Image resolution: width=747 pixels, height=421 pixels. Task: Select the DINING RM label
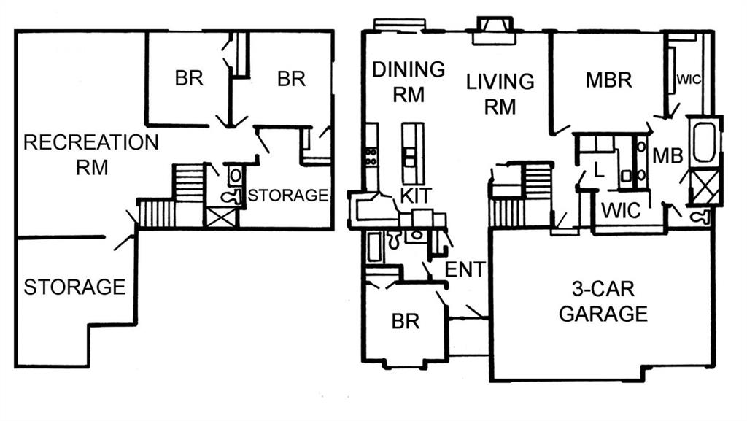point(409,81)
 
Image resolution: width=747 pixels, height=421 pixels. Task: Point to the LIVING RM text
point(500,93)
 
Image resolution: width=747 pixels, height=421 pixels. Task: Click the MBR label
point(608,80)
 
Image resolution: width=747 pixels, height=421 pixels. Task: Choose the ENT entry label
point(465,269)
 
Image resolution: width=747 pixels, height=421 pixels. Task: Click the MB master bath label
point(667,155)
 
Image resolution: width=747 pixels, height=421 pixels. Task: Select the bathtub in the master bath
point(705,142)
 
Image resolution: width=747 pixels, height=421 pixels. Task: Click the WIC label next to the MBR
point(689,80)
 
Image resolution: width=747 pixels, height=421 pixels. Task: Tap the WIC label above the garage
point(621,211)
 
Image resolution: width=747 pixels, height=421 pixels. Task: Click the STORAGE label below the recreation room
point(74,287)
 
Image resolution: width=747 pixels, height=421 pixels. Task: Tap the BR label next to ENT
point(405,320)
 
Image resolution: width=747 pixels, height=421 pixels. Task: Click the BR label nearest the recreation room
point(188,78)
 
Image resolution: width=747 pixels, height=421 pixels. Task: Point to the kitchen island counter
point(413,152)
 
